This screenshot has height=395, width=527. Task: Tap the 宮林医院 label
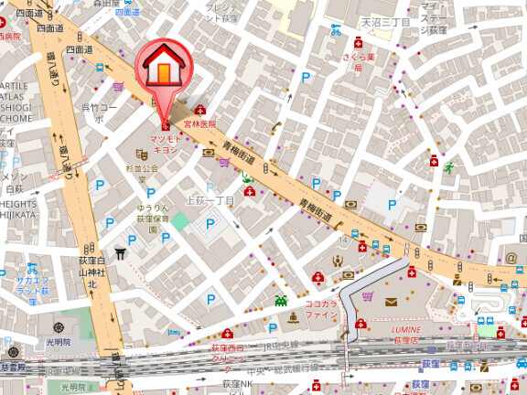click(199, 123)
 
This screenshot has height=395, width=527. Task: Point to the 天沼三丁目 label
click(385, 21)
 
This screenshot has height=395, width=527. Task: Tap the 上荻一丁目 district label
click(210, 200)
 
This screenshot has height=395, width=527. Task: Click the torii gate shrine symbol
click(120, 252)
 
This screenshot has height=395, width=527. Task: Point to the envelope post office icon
click(392, 302)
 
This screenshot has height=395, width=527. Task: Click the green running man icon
click(448, 167)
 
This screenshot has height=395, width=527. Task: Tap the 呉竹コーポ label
click(99, 107)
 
